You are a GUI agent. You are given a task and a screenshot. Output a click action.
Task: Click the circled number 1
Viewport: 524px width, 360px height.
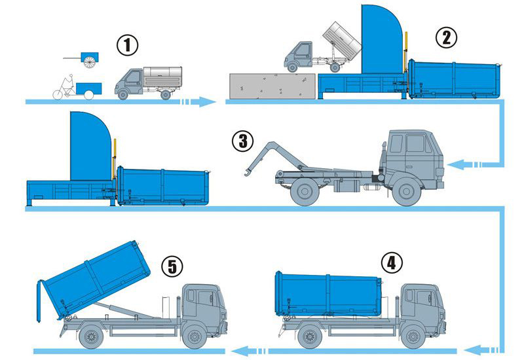pos(127,45)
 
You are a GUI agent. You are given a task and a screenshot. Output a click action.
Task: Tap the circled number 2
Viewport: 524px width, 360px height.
pos(446,38)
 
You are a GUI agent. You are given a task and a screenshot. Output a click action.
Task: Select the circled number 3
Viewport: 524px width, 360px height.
pos(243,141)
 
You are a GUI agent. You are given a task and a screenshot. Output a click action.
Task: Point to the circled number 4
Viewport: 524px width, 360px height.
pos(392,263)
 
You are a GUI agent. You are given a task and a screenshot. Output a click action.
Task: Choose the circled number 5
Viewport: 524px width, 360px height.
pos(172,266)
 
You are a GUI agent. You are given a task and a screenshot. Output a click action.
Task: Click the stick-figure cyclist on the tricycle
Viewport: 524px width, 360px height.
pos(69,83)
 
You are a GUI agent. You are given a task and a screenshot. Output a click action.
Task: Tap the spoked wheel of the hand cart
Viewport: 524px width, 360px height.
pos(89,62)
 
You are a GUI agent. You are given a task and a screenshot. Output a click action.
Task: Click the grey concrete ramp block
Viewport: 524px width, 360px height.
pos(272,86)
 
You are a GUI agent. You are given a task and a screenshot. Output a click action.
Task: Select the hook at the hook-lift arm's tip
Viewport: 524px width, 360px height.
pos(248,172)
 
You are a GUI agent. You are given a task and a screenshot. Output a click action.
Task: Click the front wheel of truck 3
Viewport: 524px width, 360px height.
pos(406,192)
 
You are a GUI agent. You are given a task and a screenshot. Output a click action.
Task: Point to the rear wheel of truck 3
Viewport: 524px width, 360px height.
pos(305,192)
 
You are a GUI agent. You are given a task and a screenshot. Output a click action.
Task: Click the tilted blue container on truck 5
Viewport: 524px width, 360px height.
pos(94,280)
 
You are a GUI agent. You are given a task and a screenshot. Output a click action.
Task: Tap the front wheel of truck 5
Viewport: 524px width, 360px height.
pos(194,336)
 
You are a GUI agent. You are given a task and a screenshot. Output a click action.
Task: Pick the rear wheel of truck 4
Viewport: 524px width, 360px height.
pos(310,336)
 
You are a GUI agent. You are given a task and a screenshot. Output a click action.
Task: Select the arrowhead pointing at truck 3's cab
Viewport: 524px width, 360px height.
pos(455,164)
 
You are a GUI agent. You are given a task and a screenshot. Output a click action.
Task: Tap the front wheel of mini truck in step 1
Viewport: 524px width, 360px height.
pos(123,95)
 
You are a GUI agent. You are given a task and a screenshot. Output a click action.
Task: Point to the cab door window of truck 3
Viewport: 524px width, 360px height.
pos(415,143)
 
